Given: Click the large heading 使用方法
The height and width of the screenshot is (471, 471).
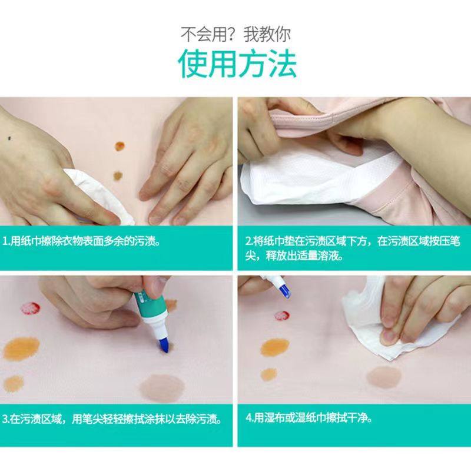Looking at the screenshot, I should pos(237,64).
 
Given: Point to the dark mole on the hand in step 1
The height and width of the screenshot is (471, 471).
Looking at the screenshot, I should pos(12,138).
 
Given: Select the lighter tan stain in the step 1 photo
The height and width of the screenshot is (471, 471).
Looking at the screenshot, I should pos(118,175).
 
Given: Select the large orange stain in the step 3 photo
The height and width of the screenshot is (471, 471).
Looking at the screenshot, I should pos(22,349).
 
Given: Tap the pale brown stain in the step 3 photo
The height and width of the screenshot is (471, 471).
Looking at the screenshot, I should pos(162,385).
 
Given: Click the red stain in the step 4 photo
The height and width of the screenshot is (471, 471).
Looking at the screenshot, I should pos(281,316).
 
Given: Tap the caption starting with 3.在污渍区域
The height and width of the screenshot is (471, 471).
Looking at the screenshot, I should pos(112,420).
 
